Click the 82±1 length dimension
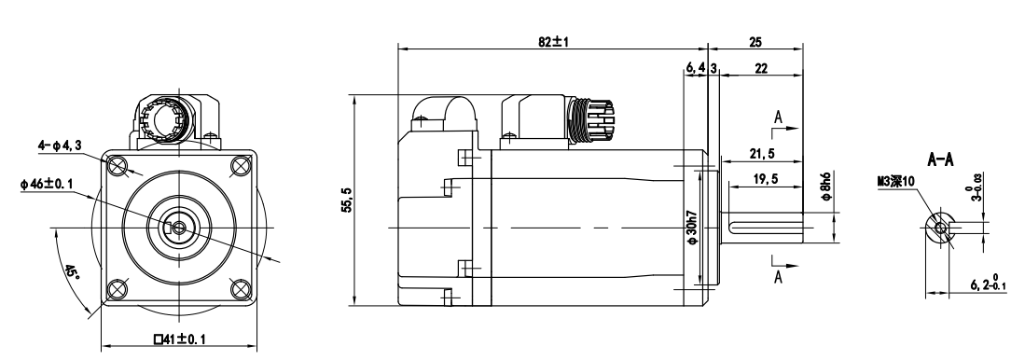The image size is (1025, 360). pyautogui.click(x=554, y=42)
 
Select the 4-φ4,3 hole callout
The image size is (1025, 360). pyautogui.click(x=60, y=145)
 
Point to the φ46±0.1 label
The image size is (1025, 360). pyautogui.click(x=47, y=185)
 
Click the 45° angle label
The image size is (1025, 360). pyautogui.click(x=71, y=273)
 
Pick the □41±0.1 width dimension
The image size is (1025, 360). pyautogui.click(x=179, y=339)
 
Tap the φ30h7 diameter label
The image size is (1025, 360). pyautogui.click(x=692, y=227)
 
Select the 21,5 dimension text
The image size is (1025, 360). pyautogui.click(x=761, y=154)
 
